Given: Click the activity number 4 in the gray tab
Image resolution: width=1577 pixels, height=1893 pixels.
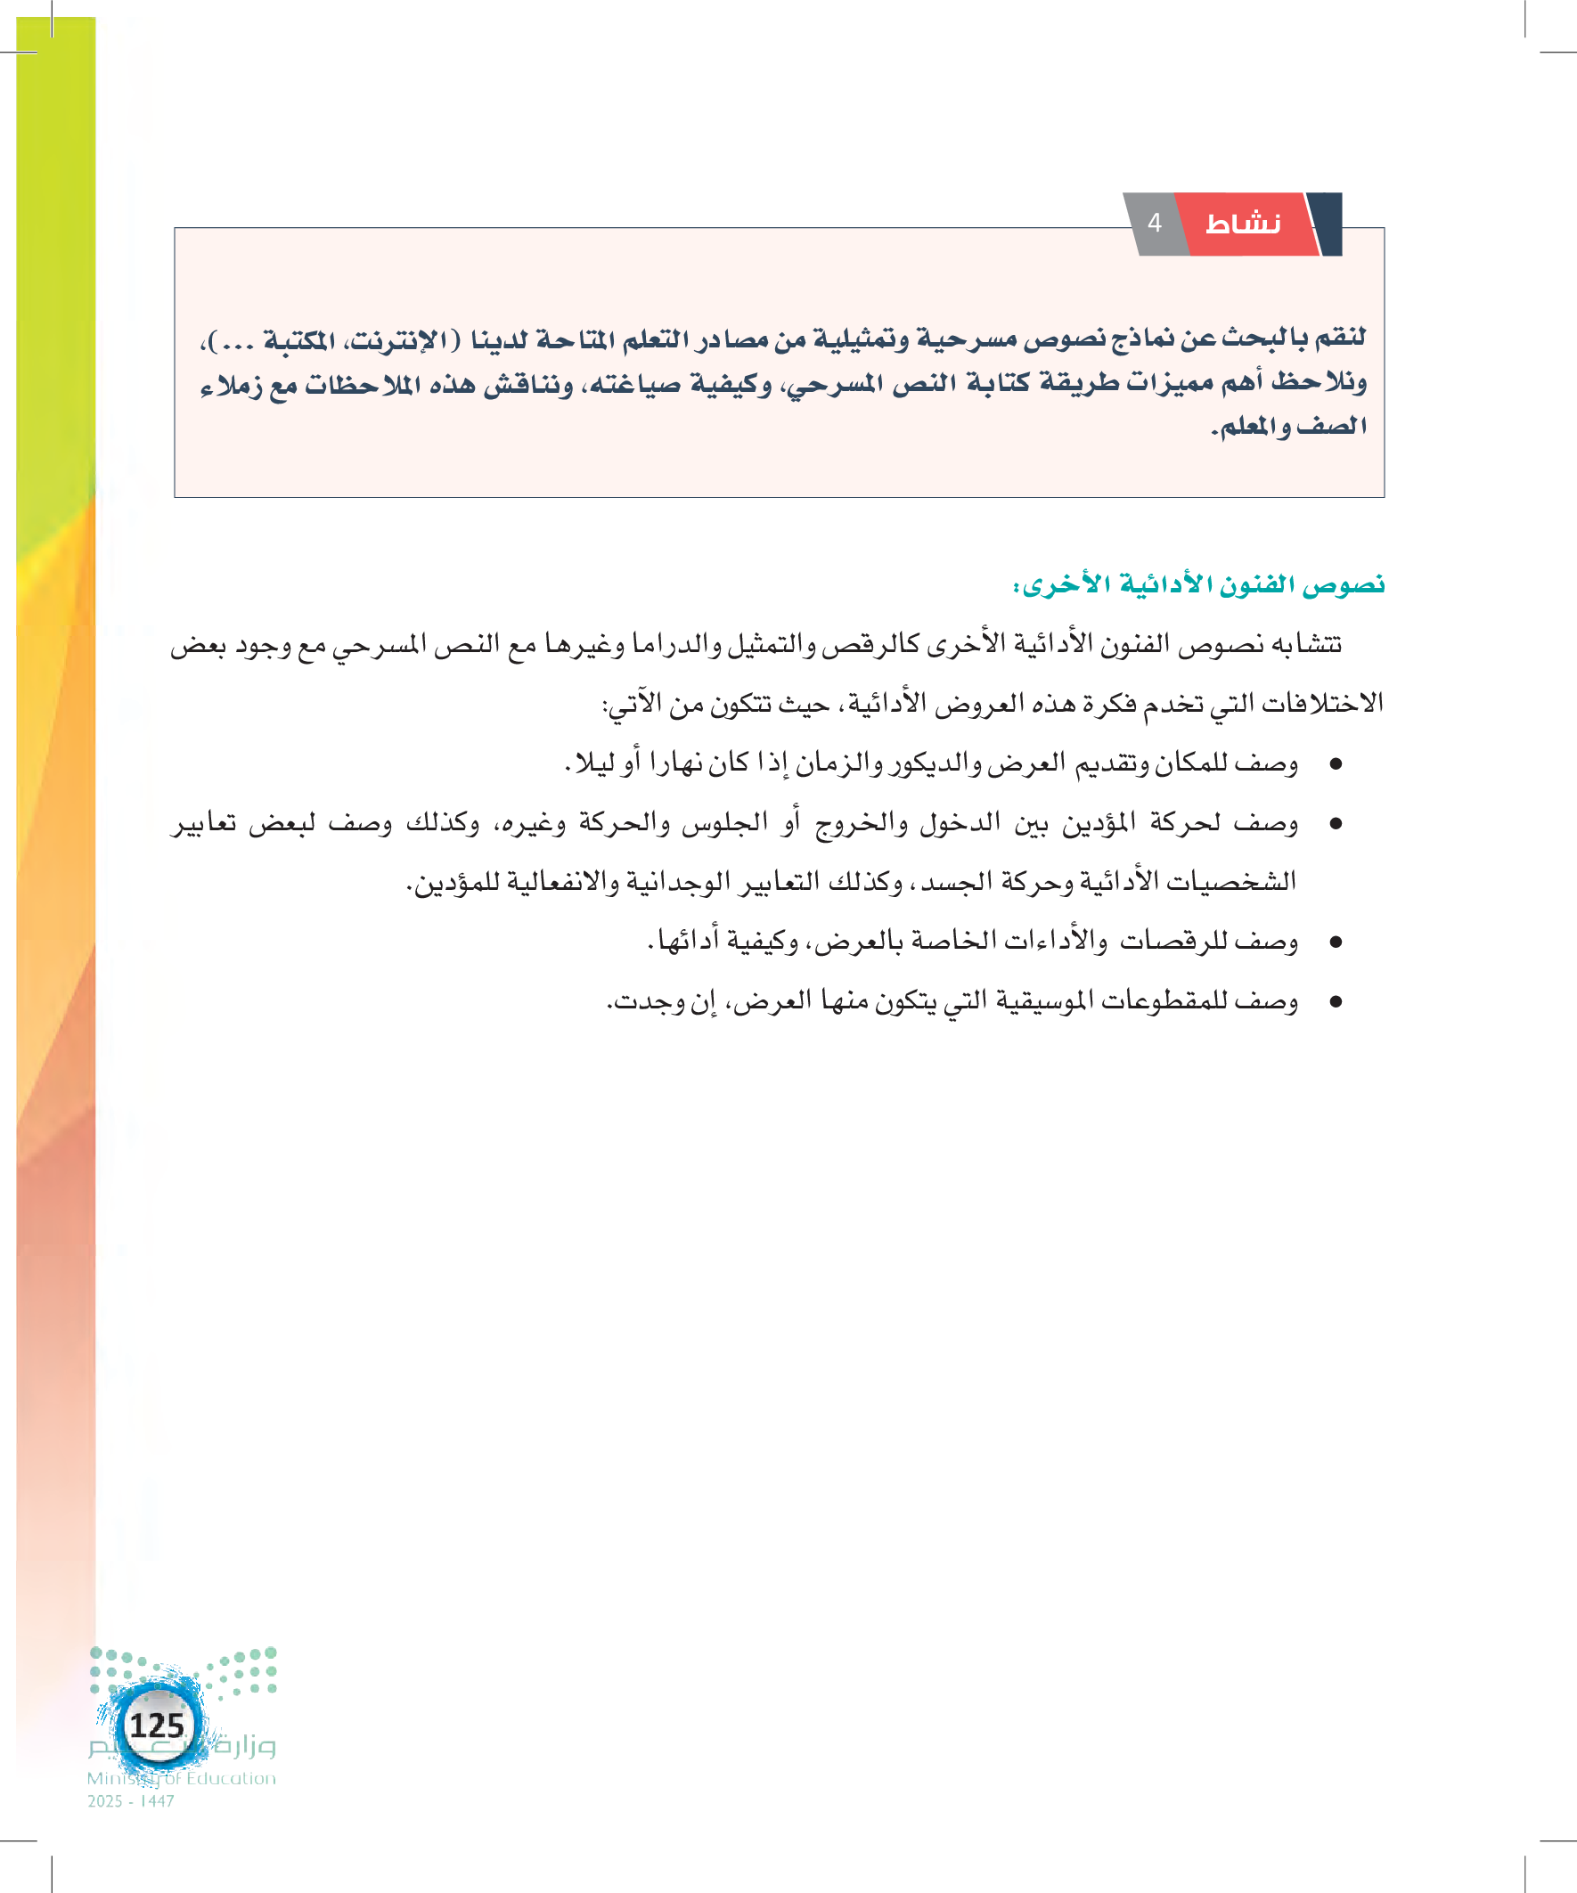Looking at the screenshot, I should [x=1154, y=223].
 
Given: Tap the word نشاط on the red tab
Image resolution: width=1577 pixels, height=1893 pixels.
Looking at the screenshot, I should [x=1243, y=224].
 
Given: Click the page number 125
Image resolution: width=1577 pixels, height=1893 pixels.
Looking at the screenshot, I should [x=157, y=1726].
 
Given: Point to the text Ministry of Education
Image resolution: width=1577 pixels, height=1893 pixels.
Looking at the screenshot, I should [x=181, y=1777].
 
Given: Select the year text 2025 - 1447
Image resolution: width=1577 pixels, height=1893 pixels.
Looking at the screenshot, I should [x=131, y=1801].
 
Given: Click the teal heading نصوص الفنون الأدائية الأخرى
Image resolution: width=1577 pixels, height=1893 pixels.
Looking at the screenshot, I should [x=1198, y=585].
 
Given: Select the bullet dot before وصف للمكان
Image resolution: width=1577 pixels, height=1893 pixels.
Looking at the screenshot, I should [x=1336, y=764].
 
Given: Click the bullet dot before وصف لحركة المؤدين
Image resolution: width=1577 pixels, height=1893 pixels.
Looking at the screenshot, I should [x=1336, y=824].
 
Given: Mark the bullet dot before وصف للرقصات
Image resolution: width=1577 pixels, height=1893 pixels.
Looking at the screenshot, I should [x=1336, y=942].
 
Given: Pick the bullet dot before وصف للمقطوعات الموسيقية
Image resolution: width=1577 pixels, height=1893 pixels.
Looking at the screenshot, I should [x=1336, y=1002].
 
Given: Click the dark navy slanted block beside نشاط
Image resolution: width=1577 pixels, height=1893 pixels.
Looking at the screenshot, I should [x=1327, y=222].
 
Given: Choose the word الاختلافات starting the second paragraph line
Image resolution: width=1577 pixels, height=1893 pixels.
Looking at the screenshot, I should [x=1326, y=703].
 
